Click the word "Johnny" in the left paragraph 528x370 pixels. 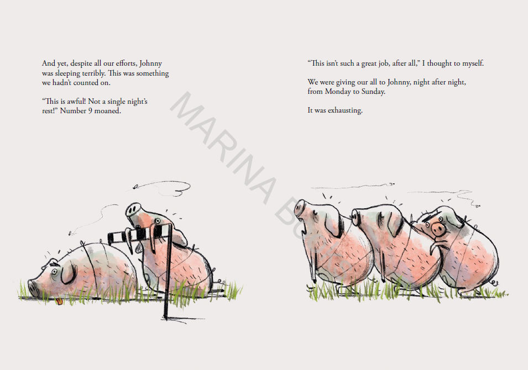[x=150, y=64]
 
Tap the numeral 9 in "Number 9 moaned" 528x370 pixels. [x=90, y=110]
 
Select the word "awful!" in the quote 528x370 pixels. [x=76, y=101]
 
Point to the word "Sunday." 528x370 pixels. [x=373, y=92]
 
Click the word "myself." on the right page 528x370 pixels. [x=473, y=64]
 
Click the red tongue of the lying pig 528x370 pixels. [x=59, y=302]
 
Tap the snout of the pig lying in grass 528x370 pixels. [x=33, y=288]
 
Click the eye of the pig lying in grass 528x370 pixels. [x=54, y=270]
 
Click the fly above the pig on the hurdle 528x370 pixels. [x=135, y=186]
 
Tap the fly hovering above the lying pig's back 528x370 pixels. [x=70, y=232]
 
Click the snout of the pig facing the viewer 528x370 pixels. [x=438, y=230]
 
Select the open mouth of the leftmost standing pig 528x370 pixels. [x=305, y=230]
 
